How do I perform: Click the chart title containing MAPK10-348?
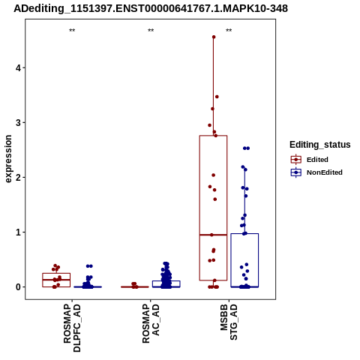pyautogui.click(x=151, y=8)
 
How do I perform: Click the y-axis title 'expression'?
pyautogui.click(x=8, y=159)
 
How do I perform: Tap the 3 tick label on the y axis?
pyautogui.click(x=19, y=123)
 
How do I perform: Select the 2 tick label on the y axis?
pyautogui.click(x=19, y=178)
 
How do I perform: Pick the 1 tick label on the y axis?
pyautogui.click(x=19, y=232)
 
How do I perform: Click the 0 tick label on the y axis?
pyautogui.click(x=19, y=287)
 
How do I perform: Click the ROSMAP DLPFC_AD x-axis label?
pyautogui.click(x=72, y=328)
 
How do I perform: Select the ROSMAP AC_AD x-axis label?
pyautogui.click(x=151, y=323)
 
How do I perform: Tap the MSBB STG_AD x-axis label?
pyautogui.click(x=229, y=322)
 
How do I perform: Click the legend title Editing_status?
pyautogui.click(x=320, y=145)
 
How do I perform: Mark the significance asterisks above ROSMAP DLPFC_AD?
pyautogui.click(x=72, y=31)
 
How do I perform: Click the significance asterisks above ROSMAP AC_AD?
pyautogui.click(x=151, y=31)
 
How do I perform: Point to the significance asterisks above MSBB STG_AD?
pyautogui.click(x=229, y=31)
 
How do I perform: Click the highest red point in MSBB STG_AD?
pyautogui.click(x=214, y=37)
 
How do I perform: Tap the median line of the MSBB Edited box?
pyautogui.click(x=213, y=235)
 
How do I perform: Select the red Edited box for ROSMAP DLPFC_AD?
pyautogui.click(x=56, y=273)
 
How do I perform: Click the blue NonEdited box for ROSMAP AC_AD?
pyautogui.click(x=166, y=281)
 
